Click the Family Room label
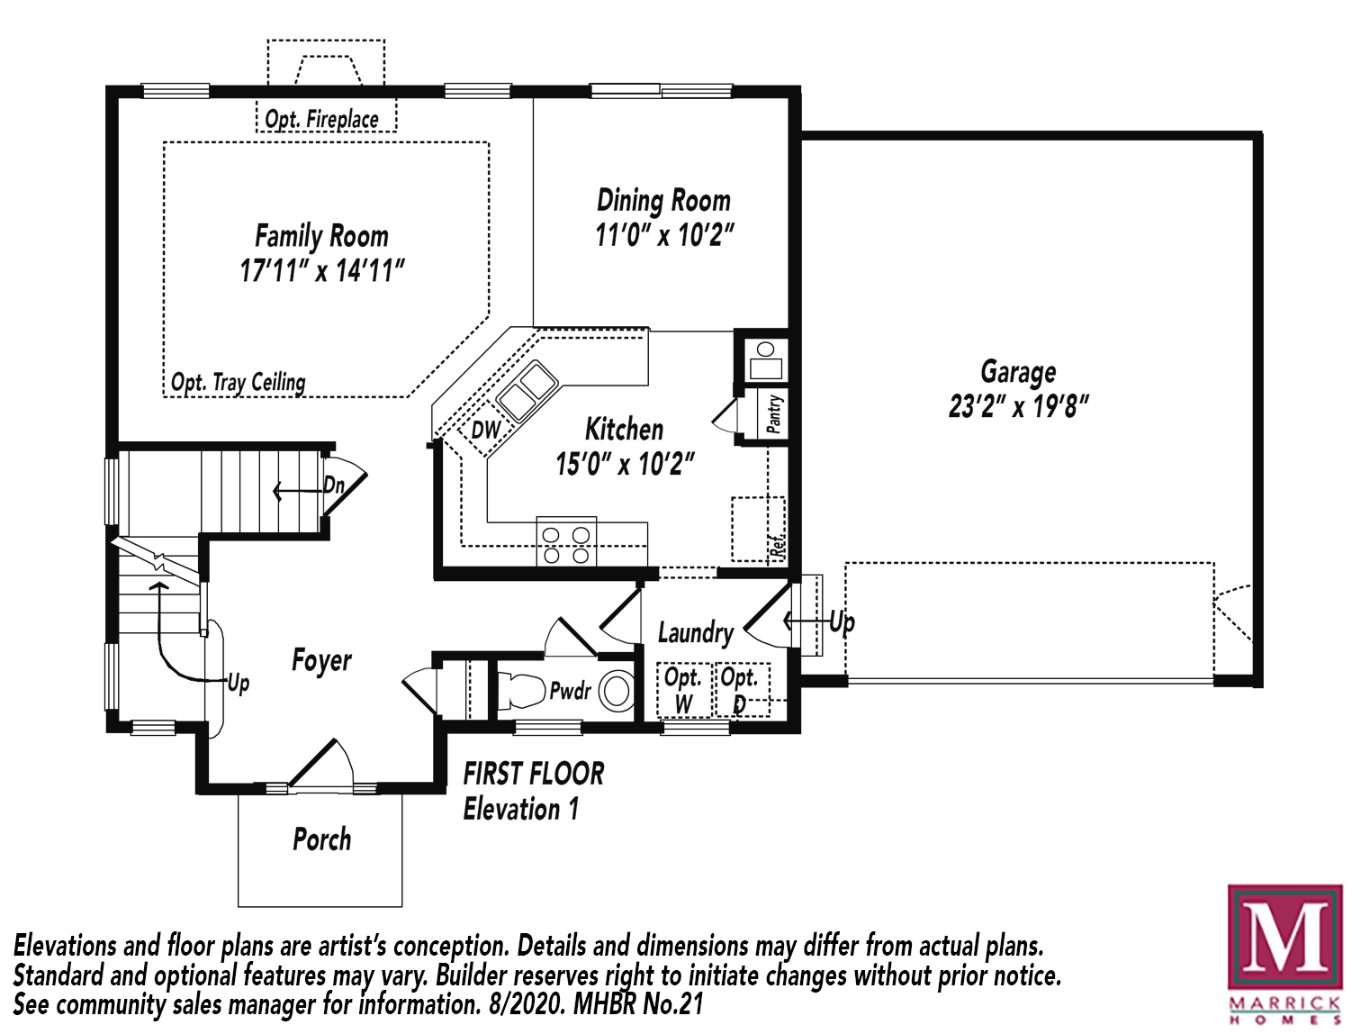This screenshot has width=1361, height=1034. (x=322, y=236)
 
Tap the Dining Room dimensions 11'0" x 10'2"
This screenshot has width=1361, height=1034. (x=664, y=235)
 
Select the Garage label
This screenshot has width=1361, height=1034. (x=1018, y=372)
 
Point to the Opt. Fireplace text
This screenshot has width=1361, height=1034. (x=321, y=119)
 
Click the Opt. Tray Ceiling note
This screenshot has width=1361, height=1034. (x=239, y=383)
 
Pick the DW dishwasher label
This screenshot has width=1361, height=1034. (x=485, y=430)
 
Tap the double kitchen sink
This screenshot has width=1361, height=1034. (x=527, y=391)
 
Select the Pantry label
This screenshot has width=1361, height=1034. (x=773, y=413)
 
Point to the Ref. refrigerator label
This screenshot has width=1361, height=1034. (x=777, y=545)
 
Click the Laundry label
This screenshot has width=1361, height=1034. (x=696, y=633)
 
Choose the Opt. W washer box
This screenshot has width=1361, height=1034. (x=683, y=690)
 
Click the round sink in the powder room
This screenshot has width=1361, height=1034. (x=617, y=690)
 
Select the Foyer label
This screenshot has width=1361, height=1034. (x=321, y=660)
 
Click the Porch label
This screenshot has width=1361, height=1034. (x=322, y=839)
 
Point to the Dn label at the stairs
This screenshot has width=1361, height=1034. (x=334, y=485)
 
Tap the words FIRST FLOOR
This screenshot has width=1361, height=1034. (x=533, y=774)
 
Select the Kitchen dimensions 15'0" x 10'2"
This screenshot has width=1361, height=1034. (x=625, y=464)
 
